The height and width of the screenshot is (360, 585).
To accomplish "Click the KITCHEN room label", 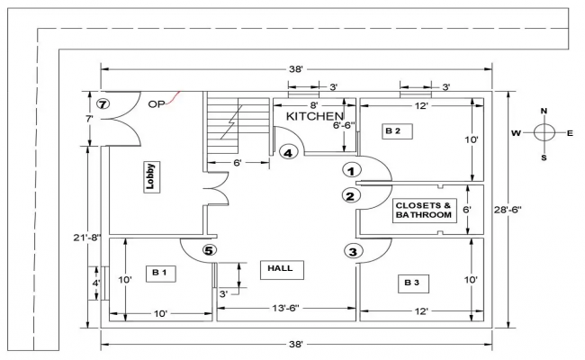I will tap(314, 117).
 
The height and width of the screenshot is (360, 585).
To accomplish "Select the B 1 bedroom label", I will tap(159, 271).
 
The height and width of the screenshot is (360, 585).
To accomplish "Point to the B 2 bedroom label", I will tap(392, 131).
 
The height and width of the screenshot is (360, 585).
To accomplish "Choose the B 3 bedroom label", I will tap(411, 283).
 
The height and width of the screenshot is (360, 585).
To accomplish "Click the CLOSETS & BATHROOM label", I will tap(422, 211).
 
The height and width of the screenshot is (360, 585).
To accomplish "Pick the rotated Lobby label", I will tap(151, 175).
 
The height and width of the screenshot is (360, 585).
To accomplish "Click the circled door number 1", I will tap(352, 169).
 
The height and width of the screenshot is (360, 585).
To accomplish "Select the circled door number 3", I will tap(352, 251).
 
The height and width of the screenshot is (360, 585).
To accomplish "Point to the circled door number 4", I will tap(288, 153).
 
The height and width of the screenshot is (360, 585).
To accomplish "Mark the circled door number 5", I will tap(208, 251).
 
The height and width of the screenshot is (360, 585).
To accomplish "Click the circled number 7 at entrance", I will tap(103, 104).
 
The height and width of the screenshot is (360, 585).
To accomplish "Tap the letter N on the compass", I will tap(544, 112).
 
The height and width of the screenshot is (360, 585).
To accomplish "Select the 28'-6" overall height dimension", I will tap(532, 210).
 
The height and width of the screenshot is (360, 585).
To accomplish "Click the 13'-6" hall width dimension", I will tap(285, 310).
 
